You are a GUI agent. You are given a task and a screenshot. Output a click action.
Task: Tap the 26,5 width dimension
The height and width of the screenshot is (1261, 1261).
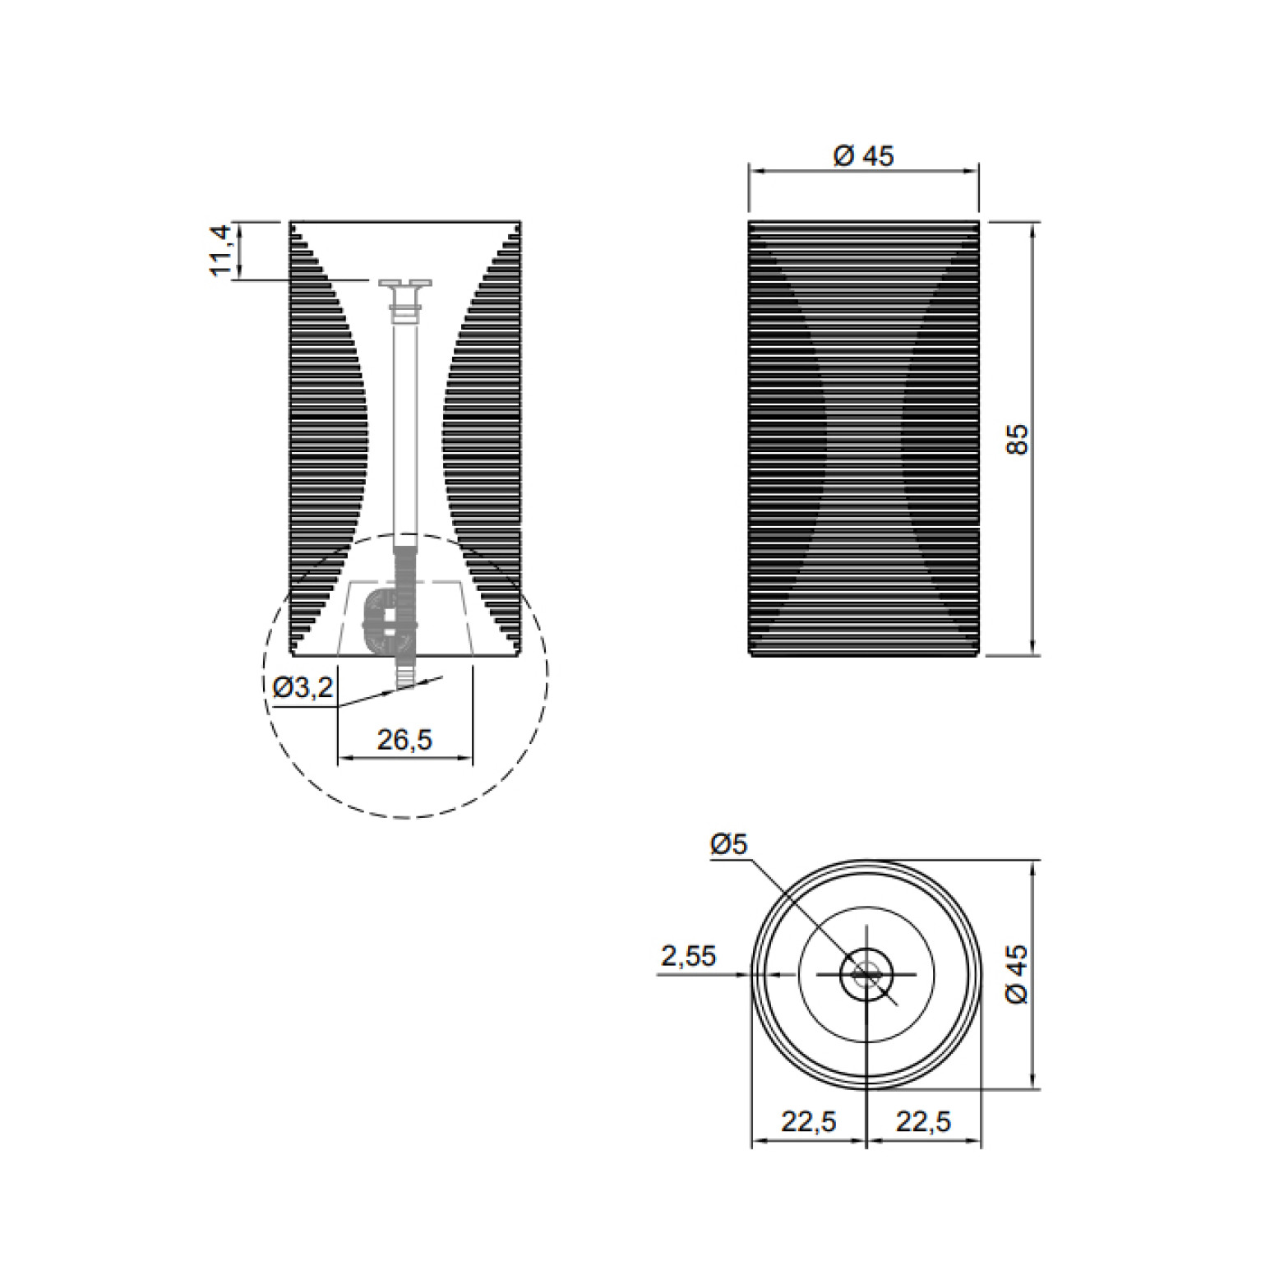(x=404, y=740)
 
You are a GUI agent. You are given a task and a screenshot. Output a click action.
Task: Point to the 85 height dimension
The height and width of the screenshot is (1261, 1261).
(x=1018, y=439)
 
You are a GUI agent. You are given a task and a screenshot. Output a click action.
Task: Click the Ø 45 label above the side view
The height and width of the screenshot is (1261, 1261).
(x=863, y=155)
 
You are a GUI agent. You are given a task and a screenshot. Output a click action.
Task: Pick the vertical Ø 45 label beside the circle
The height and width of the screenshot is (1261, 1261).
(x=1017, y=973)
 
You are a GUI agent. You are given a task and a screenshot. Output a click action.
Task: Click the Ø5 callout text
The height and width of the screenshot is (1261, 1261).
(x=728, y=844)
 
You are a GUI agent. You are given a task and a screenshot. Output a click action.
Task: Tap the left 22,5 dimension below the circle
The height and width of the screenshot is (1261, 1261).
(x=809, y=1120)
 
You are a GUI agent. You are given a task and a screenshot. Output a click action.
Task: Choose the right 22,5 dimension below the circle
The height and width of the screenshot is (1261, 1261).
(x=924, y=1120)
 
